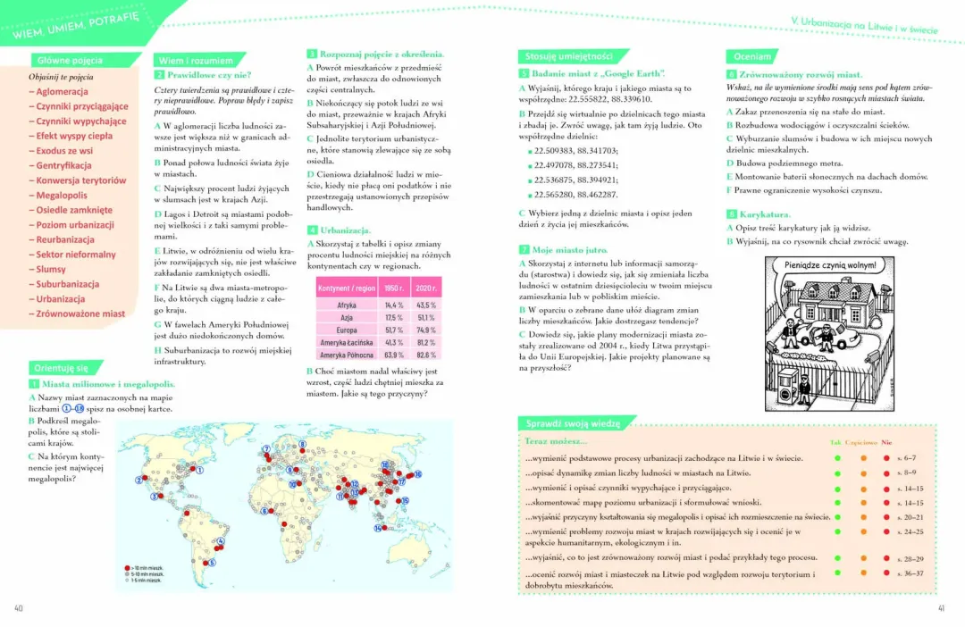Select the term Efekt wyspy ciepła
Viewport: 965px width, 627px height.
pyautogui.click(x=74, y=136)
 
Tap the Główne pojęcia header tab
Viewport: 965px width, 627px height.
pyautogui.click(x=70, y=61)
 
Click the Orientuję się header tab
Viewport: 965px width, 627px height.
pyautogui.click(x=59, y=368)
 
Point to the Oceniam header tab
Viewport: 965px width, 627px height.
pyautogui.click(x=749, y=56)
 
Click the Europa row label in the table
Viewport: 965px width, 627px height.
pyautogui.click(x=347, y=330)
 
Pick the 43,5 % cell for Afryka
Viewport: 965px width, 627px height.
pyautogui.click(x=426, y=305)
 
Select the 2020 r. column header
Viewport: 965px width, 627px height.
pyautogui.click(x=426, y=289)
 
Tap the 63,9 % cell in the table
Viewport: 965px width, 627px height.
pyautogui.click(x=394, y=355)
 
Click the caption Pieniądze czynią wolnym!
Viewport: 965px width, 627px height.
pyautogui.click(x=830, y=266)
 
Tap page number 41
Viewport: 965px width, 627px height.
pyautogui.click(x=940, y=608)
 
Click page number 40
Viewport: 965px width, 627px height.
pyautogui.click(x=19, y=608)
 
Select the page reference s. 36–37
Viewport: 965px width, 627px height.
pyautogui.click(x=910, y=573)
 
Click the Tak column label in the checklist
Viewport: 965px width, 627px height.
pyautogui.click(x=835, y=442)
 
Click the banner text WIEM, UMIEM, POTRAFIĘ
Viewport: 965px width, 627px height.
pyautogui.click(x=76, y=29)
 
